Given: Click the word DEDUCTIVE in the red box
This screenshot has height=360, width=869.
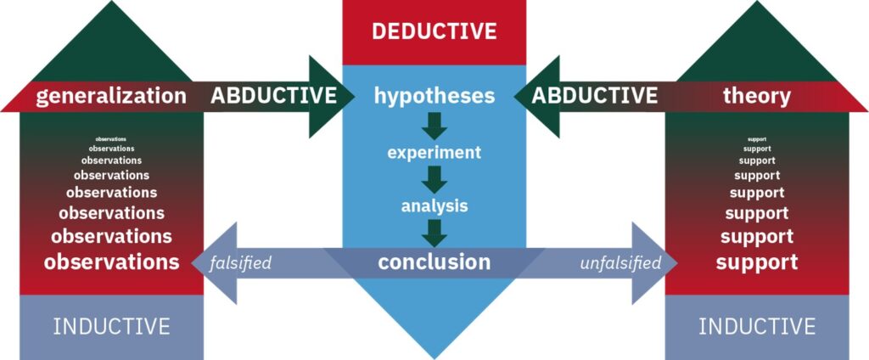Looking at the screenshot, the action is click(434, 31).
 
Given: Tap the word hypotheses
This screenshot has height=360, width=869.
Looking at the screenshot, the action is click(434, 96).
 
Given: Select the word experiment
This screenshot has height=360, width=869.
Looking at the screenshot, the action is click(434, 152).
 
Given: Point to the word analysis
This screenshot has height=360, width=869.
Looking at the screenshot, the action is click(434, 206).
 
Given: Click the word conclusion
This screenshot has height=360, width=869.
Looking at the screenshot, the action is click(434, 262).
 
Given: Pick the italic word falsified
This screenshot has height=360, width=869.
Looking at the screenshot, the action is click(240, 262).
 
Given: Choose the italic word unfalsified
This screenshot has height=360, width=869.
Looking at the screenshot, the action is click(620, 262).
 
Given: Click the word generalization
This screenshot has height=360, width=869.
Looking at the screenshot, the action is click(111, 97).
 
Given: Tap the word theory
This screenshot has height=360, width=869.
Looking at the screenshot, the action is click(756, 97).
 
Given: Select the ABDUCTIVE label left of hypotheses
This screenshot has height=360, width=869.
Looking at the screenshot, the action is click(274, 95).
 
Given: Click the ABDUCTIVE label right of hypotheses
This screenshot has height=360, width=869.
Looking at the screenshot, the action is click(595, 95).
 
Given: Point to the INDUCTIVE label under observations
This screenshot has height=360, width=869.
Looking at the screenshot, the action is click(111, 326).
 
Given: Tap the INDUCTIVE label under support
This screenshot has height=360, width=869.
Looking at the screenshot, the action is click(757, 326).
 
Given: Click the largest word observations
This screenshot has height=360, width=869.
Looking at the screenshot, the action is click(111, 262).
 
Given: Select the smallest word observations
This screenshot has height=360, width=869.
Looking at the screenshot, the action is click(111, 138).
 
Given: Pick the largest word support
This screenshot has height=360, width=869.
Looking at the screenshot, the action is click(757, 262).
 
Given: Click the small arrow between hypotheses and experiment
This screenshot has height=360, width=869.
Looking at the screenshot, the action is click(434, 126).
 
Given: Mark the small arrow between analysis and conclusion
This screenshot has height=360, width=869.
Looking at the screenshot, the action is click(434, 233).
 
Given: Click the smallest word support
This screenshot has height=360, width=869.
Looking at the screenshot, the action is click(757, 139).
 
